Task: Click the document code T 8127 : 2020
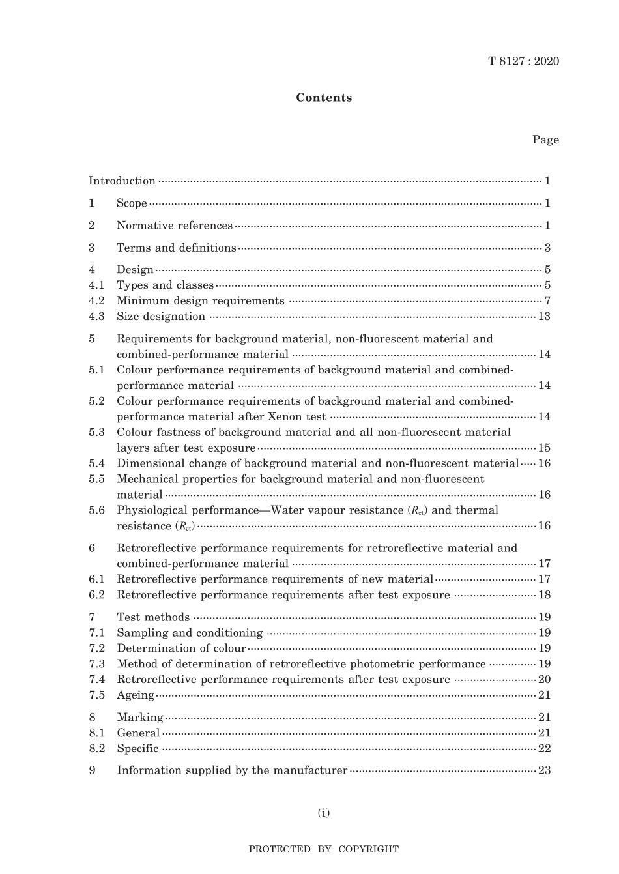pyautogui.click(x=523, y=61)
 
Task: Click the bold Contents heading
pyautogui.click(x=324, y=98)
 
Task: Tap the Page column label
pyautogui.click(x=545, y=139)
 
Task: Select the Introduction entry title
pyautogui.click(x=122, y=181)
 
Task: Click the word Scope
pyautogui.click(x=132, y=203)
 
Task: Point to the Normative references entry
pyautogui.click(x=174, y=226)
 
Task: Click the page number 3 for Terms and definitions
pyautogui.click(x=547, y=248)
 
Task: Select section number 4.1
pyautogui.click(x=96, y=285)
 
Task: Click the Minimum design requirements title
pyautogui.click(x=200, y=301)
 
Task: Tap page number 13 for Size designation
pyautogui.click(x=544, y=317)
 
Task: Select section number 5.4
pyautogui.click(x=96, y=463)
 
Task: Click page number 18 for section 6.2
pyautogui.click(x=545, y=595)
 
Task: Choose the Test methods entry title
pyautogui.click(x=153, y=617)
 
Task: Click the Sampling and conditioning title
pyautogui.click(x=190, y=633)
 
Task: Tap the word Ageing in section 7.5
pyautogui.click(x=136, y=695)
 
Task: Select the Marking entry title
pyautogui.click(x=140, y=718)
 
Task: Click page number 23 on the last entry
pyautogui.click(x=544, y=770)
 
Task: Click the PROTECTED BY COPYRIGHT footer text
pyautogui.click(x=324, y=849)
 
